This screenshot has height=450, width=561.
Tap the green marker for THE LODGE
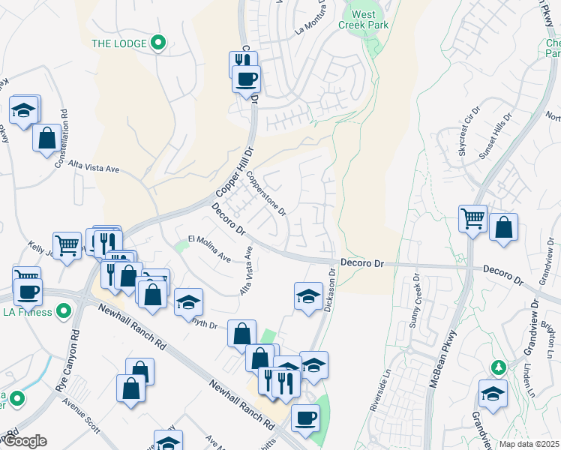point(157,43)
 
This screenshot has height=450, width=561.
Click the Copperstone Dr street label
point(267,193)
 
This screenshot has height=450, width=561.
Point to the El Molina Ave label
point(209,248)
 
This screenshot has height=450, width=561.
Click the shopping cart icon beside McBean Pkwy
point(473,219)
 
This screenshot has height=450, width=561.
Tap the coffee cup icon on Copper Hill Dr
point(245,77)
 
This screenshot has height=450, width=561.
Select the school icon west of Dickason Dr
point(308,296)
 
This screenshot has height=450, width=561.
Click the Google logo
point(25,442)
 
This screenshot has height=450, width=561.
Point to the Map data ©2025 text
point(529,444)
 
